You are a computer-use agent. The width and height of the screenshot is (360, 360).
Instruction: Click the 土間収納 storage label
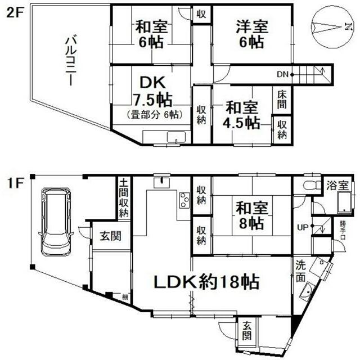coord(124,198)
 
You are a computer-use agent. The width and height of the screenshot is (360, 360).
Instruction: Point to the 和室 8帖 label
coord(249,215)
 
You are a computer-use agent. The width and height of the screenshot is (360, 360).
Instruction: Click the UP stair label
coord(303,227)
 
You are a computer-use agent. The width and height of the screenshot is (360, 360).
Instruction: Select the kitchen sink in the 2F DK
coord(177,137)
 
